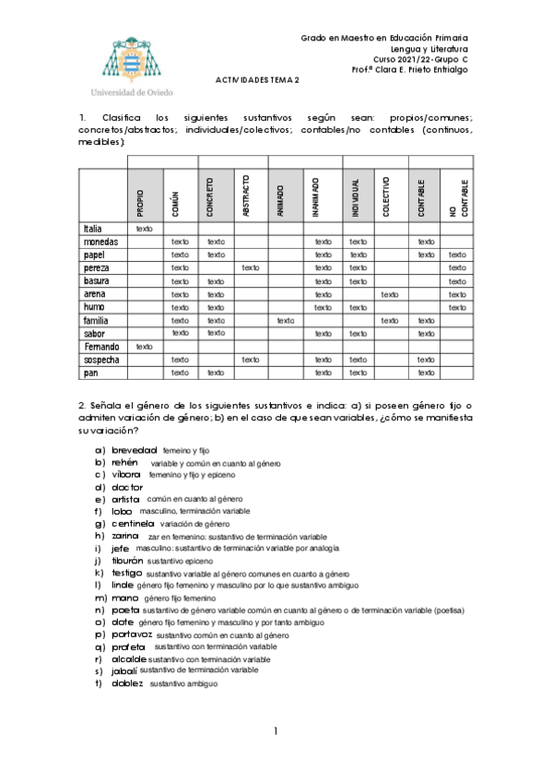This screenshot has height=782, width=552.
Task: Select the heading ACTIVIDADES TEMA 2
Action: click(x=258, y=80)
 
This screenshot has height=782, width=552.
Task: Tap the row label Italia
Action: click(x=93, y=228)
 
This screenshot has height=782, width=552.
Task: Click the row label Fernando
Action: click(x=101, y=347)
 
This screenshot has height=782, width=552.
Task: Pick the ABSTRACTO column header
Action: click(x=247, y=195)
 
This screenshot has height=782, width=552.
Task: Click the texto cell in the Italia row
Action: click(x=144, y=228)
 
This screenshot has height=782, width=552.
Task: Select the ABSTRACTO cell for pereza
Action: click(x=250, y=267)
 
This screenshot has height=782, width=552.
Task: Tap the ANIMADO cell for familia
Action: click(x=285, y=320)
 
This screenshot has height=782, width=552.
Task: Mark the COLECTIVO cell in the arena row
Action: click(x=389, y=294)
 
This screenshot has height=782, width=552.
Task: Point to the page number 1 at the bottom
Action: click(x=275, y=731)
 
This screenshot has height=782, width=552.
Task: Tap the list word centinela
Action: click(x=133, y=523)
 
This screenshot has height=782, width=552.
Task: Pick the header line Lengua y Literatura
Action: click(x=429, y=48)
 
